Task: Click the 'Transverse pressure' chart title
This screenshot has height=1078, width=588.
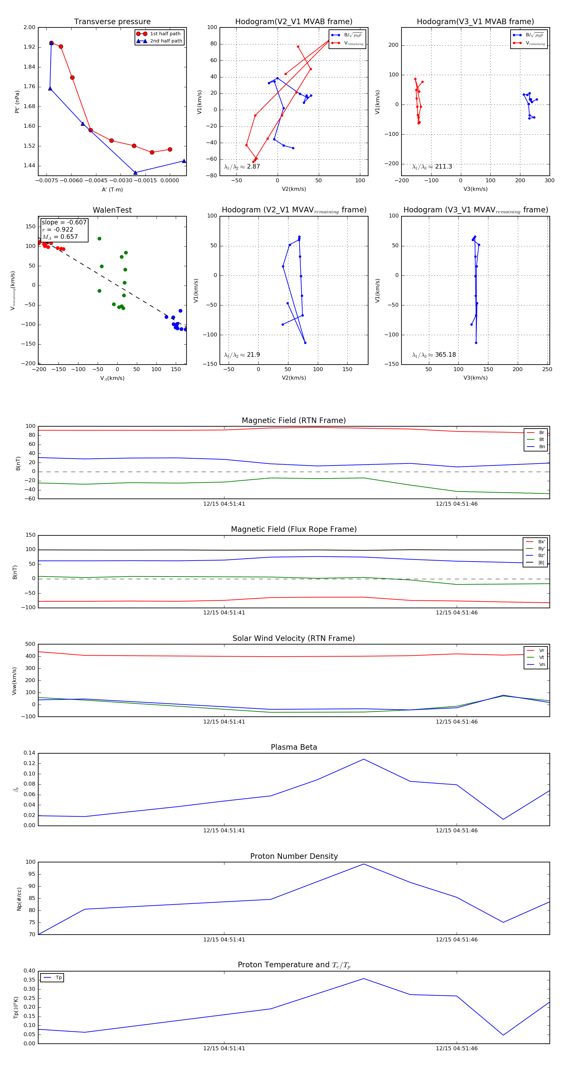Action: (x=112, y=22)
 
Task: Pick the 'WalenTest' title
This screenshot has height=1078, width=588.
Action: (x=112, y=210)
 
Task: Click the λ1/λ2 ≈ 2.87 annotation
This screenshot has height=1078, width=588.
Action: (x=242, y=167)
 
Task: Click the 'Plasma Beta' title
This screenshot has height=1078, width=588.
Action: (x=294, y=747)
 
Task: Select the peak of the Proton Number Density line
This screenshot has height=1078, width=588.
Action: (x=364, y=864)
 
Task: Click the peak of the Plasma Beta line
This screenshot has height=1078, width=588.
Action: (x=364, y=759)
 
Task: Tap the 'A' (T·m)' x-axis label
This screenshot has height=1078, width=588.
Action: (x=112, y=189)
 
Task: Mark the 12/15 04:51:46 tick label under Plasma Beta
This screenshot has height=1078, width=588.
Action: (x=457, y=831)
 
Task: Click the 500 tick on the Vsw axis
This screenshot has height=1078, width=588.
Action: (x=30, y=645)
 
